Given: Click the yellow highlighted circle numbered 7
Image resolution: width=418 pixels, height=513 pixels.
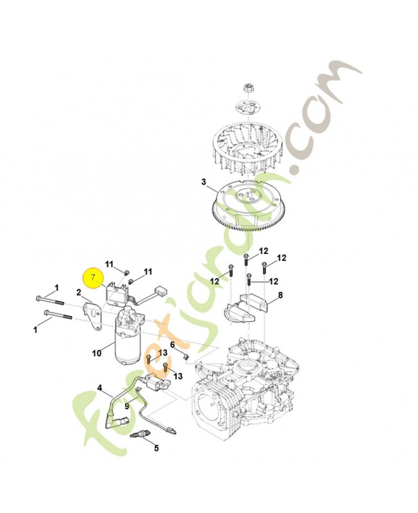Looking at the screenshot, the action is pos(93,278).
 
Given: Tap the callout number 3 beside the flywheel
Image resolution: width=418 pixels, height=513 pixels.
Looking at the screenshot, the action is pos(204,181).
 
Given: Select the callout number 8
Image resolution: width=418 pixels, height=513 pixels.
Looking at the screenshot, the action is pos(280,296).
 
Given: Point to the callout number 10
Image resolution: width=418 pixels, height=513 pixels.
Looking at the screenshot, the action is pos(97,353).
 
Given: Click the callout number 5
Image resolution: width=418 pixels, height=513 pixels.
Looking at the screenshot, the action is pos(156,448).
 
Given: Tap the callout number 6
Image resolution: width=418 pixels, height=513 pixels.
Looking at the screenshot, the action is pos(172,344).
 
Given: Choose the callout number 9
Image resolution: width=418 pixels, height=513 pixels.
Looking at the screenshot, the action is pos(126,406).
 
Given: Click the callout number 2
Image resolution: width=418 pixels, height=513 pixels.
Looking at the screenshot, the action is pos(78,292).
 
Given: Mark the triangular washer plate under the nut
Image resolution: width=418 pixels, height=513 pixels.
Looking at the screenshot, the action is pos(248,106).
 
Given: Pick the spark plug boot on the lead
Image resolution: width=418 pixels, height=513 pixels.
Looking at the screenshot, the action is pos(113,421).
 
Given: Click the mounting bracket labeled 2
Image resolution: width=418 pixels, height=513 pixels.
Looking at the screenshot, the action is pos(93,315).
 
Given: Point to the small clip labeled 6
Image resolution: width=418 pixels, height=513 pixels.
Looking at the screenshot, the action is pos(185,357).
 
